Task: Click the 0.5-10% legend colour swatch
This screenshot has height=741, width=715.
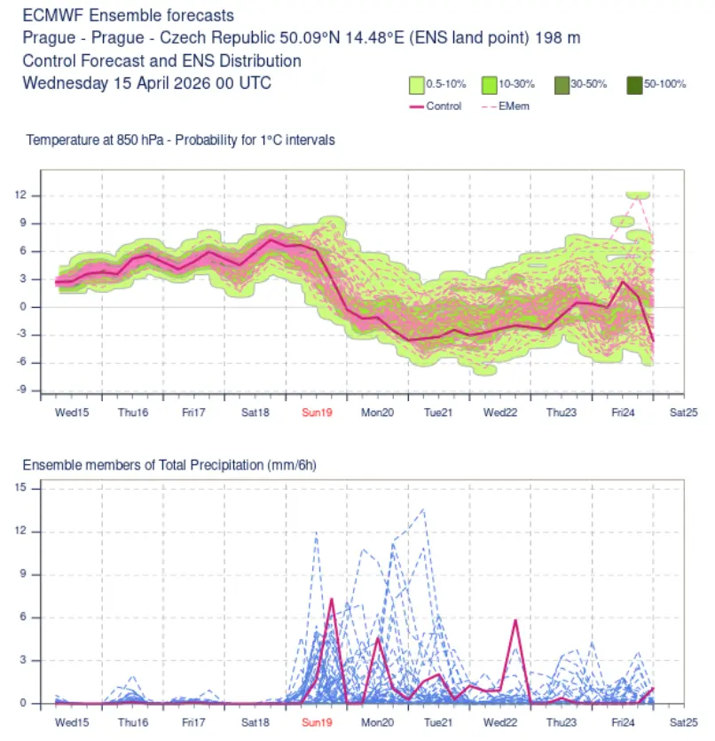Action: [x=417, y=85]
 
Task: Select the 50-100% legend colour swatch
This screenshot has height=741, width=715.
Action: [x=634, y=85]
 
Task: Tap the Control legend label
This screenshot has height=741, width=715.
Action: [x=444, y=106]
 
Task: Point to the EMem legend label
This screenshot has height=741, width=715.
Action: [x=514, y=106]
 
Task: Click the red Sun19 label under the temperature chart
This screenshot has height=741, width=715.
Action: [x=317, y=413]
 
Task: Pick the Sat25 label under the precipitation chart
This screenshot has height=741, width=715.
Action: [x=683, y=722]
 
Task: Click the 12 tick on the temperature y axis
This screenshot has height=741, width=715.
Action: [x=20, y=194]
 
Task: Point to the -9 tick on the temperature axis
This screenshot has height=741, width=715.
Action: [x=22, y=390]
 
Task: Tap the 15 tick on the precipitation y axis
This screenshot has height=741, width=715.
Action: [x=20, y=487]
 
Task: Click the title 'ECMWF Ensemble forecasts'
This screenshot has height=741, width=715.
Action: [x=129, y=16]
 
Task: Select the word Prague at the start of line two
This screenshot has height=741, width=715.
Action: [x=49, y=38]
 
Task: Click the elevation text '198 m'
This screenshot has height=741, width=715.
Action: [x=557, y=38]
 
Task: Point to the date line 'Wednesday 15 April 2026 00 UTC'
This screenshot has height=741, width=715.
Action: [x=147, y=83]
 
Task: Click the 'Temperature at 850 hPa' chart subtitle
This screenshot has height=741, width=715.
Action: [x=95, y=140]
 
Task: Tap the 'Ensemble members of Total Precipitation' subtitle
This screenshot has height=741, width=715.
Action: [x=144, y=466]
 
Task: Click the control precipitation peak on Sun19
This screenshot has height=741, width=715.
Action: [x=332, y=599]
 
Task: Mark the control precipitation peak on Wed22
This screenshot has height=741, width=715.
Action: [x=515, y=620]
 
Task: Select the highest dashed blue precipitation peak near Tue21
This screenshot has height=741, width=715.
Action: [x=424, y=509]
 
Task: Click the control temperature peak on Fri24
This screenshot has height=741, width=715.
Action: [x=623, y=282]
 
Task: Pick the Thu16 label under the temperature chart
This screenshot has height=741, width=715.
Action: [x=133, y=413]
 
